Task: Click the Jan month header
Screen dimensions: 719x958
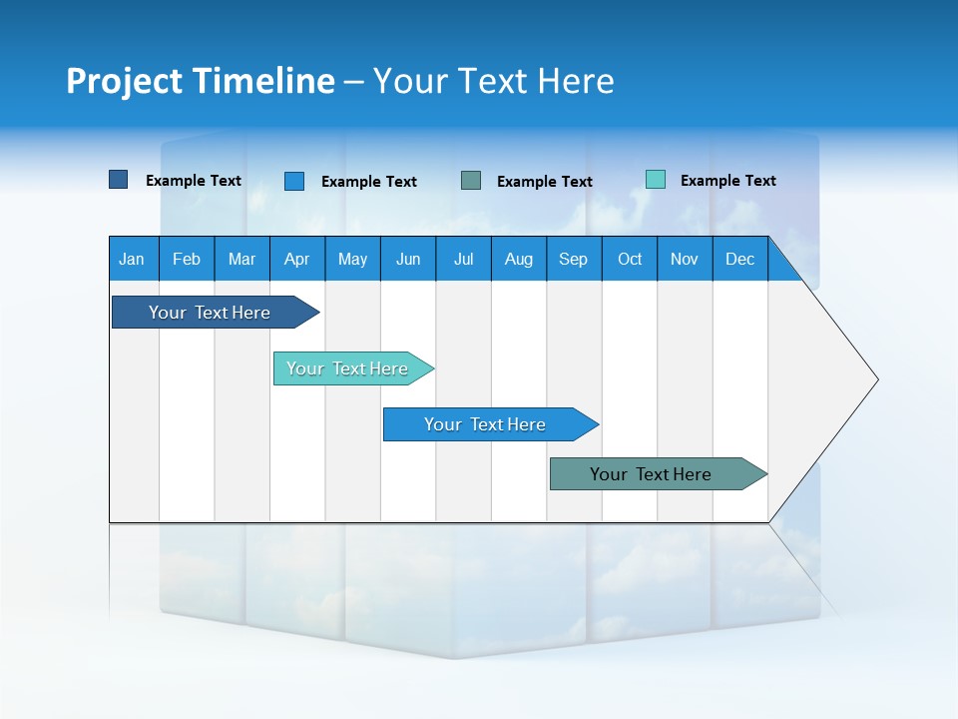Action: pos(132,259)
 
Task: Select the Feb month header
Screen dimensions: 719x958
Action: pos(187,259)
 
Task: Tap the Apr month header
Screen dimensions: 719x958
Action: pos(296,259)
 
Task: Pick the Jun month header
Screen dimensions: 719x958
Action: pos(408,259)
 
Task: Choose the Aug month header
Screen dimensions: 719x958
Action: pos(518,259)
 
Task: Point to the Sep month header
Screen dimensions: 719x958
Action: pos(573,259)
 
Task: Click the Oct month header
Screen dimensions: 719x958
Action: pos(630,259)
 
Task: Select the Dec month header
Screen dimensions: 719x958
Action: pos(739,259)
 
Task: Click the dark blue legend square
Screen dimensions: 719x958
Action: pos(119,180)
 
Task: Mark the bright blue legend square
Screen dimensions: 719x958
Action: pos(294,181)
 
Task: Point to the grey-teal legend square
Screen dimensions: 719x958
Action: pos(471,181)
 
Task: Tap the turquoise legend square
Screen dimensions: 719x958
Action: pos(656,180)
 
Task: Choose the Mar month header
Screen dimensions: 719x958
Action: pos(241,259)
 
